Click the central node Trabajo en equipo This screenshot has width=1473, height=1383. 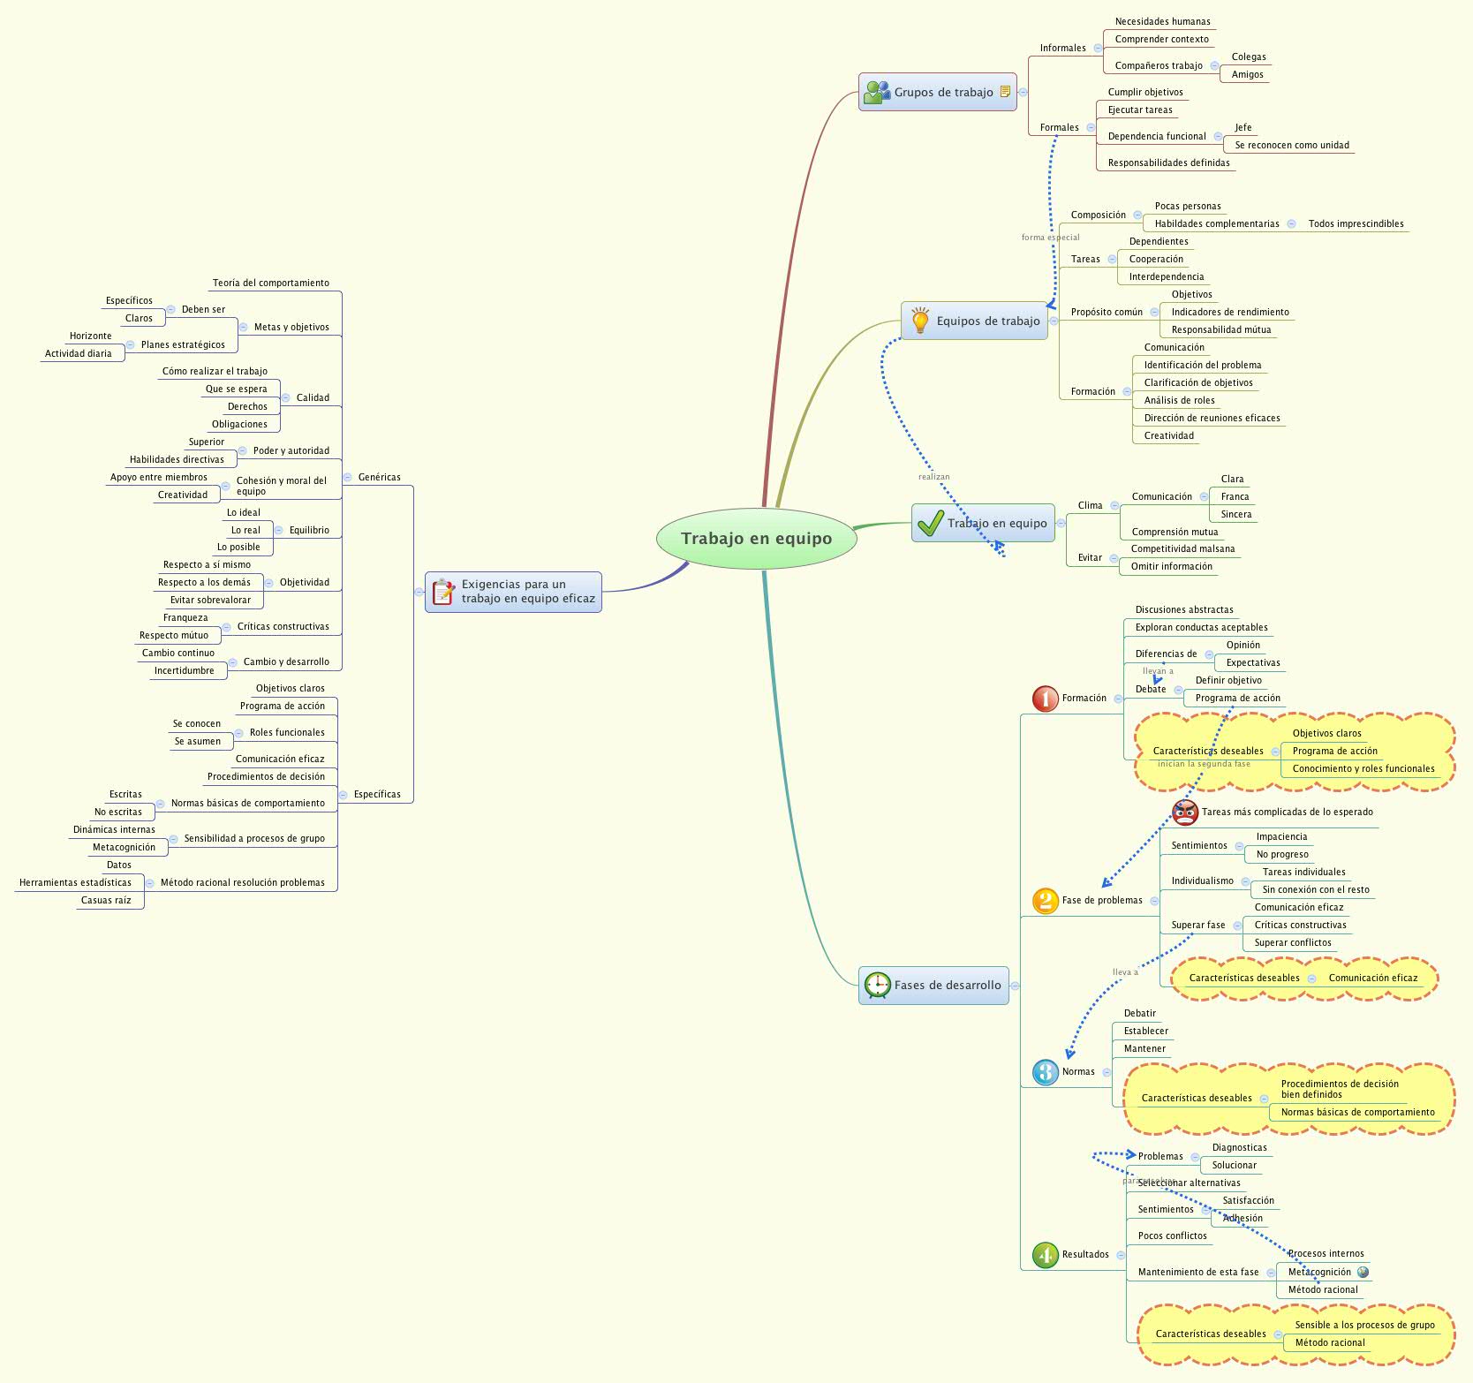click(x=756, y=539)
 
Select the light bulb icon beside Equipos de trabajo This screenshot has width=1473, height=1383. click(x=920, y=321)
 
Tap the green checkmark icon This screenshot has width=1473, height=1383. click(x=930, y=523)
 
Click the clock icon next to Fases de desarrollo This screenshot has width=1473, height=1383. click(x=877, y=985)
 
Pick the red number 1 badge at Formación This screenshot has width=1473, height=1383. click(x=1046, y=699)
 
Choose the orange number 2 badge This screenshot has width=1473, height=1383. click(x=1046, y=901)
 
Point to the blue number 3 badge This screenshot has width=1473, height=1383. click(x=1046, y=1072)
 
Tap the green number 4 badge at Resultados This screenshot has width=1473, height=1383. click(x=1046, y=1255)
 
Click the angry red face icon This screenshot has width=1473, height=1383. click(x=1184, y=812)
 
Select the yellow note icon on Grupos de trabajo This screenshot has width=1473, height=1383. click(x=1005, y=92)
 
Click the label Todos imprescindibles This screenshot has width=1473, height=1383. click(x=1356, y=224)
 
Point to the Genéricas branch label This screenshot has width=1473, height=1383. click(x=379, y=477)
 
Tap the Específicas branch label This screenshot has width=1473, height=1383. click(x=377, y=794)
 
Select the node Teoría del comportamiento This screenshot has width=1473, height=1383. click(x=270, y=283)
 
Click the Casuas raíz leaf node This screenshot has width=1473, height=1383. click(x=106, y=901)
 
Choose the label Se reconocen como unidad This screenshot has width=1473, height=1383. click(x=1291, y=146)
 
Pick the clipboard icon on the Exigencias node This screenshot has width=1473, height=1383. click(x=443, y=592)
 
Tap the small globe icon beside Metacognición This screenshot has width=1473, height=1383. click(x=1363, y=1273)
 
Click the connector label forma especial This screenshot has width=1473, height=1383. click(x=1050, y=238)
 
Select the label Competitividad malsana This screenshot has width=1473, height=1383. click(x=1182, y=549)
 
